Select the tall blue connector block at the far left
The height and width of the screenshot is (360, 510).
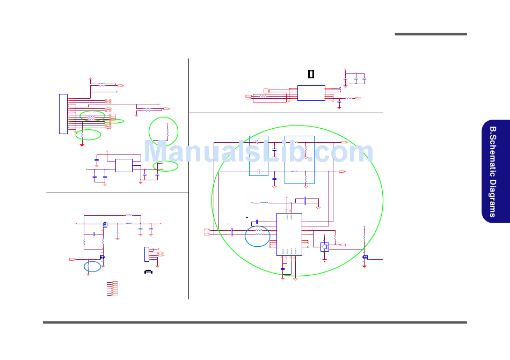[63, 114]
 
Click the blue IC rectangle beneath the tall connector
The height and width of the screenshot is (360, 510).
[124, 165]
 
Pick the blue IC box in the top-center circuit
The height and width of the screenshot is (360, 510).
[311, 92]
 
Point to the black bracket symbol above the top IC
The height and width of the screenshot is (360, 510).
[310, 74]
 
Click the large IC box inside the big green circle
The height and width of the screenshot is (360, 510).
[289, 234]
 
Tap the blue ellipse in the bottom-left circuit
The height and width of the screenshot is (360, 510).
[92, 266]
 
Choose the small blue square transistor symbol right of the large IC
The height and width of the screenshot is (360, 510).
[324, 247]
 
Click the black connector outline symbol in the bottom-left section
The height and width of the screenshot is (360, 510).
[149, 272]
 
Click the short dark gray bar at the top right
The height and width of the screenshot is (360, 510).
[431, 34]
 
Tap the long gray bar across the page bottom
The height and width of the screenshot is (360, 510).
[255, 322]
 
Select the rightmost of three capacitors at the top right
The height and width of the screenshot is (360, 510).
[365, 79]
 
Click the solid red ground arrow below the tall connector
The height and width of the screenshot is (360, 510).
[82, 143]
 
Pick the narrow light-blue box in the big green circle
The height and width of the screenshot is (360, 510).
[259, 156]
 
